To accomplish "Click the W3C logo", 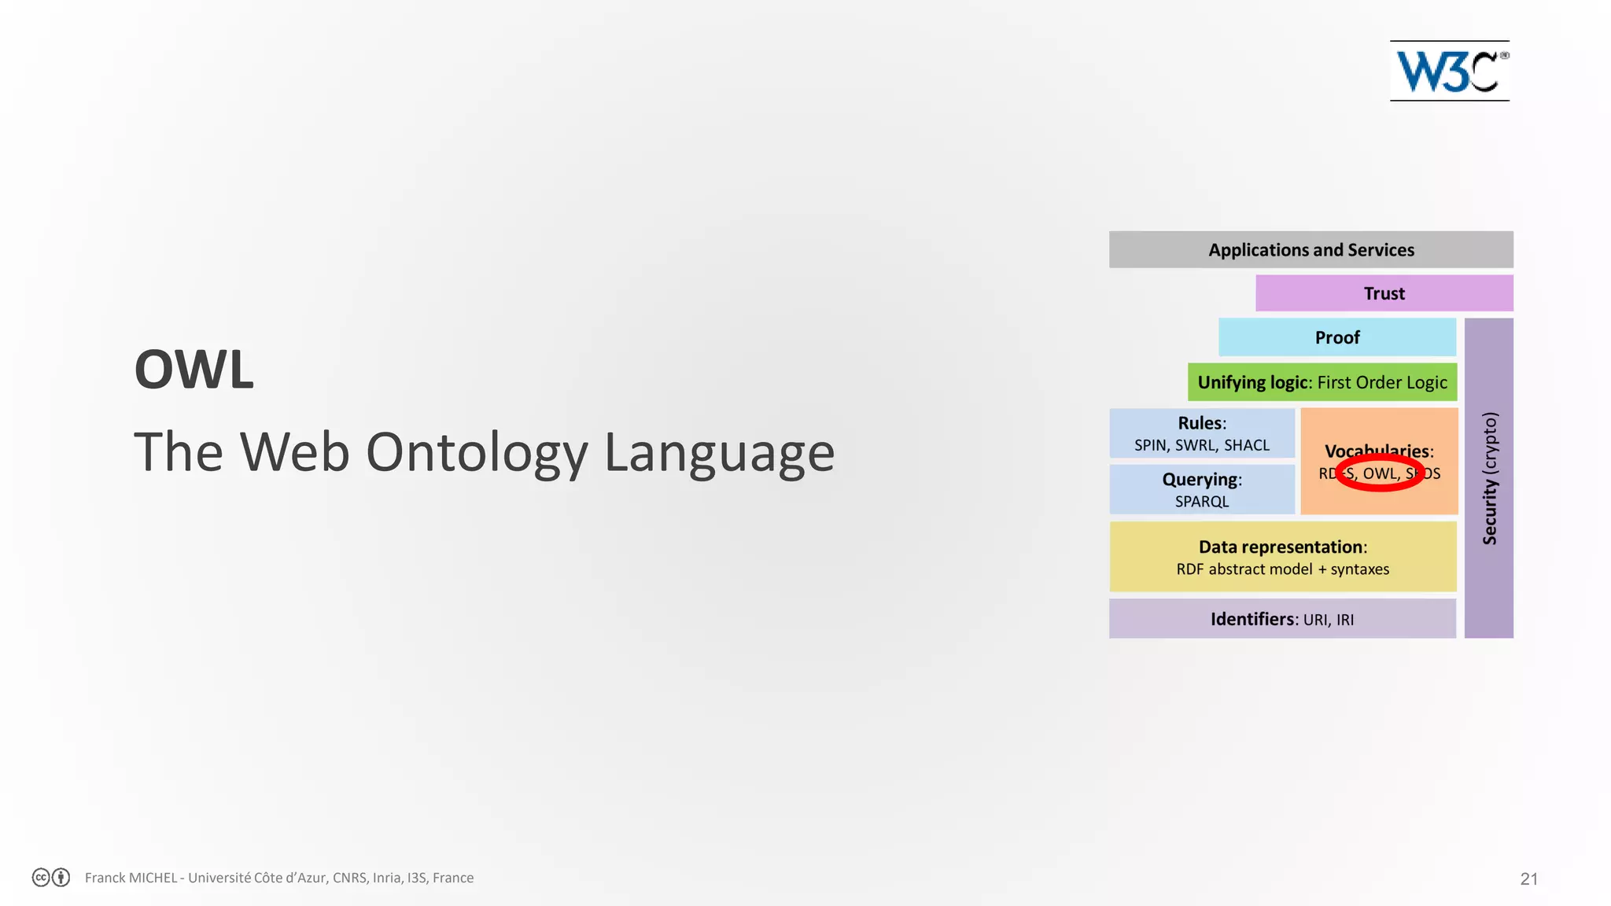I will click(1450, 72).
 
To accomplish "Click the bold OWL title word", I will click(194, 370).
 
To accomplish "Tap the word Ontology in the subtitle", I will click(477, 453).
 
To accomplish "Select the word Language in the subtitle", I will click(719, 453).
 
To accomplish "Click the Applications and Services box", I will click(1311, 250).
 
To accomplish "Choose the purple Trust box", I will click(1384, 293).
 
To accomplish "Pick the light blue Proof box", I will click(1336, 337).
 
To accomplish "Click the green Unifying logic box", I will click(1322, 382).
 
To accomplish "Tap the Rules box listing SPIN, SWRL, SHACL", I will click(1201, 433).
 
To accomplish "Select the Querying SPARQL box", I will click(1201, 489).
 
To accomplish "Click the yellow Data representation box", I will click(1282, 557).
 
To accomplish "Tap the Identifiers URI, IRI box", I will click(1281, 619).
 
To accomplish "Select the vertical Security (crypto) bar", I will click(1488, 478).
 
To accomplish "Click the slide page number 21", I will click(1528, 878).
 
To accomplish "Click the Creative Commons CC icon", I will click(41, 877).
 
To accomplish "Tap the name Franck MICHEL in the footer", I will click(131, 878).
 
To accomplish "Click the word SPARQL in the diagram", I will click(1201, 502).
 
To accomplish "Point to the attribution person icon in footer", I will click(61, 877).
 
